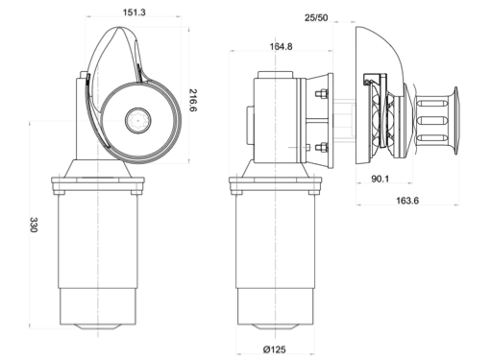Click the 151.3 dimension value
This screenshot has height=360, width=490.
135,12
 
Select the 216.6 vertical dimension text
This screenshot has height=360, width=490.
193,100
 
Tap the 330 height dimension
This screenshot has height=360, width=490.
34,225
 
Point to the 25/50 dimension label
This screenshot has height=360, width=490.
316,17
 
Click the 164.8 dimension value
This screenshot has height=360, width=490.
281,47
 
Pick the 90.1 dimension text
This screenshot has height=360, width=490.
380,179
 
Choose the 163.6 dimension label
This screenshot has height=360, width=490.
407,201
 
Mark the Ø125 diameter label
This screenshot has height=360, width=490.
275,349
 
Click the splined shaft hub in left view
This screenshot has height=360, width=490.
137,120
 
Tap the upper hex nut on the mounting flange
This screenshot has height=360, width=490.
322,94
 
